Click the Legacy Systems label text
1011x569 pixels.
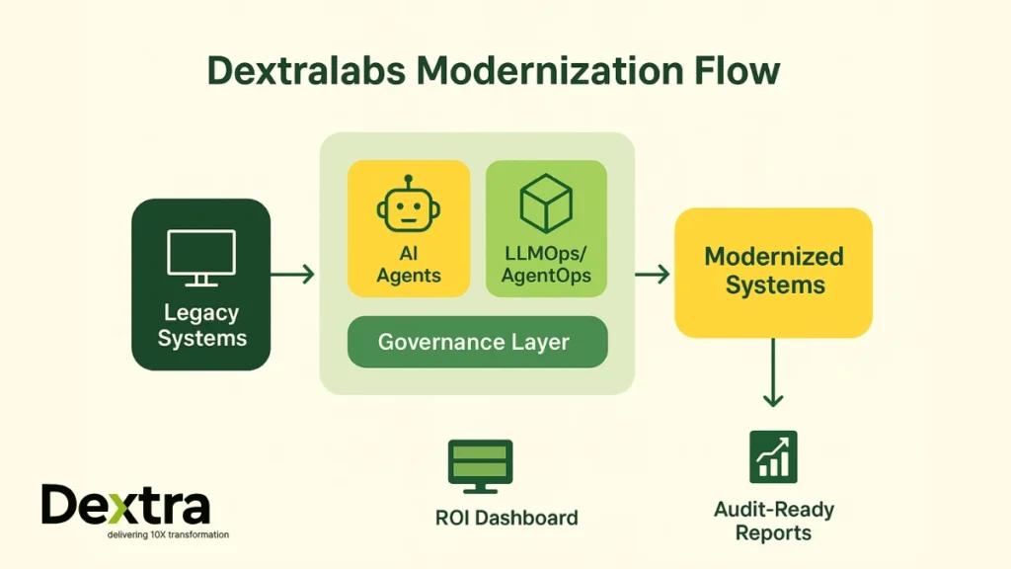point(201,325)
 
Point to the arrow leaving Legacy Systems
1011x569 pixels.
point(292,274)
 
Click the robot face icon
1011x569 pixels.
point(409,205)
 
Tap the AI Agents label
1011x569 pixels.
point(409,265)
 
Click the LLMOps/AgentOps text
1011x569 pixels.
point(546,265)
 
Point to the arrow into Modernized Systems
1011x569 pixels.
point(652,274)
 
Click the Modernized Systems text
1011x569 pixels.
point(774,272)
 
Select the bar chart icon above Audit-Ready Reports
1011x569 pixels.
point(773,456)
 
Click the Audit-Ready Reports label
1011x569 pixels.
point(774,521)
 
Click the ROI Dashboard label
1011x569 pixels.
point(506,518)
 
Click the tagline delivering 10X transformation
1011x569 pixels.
point(168,534)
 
